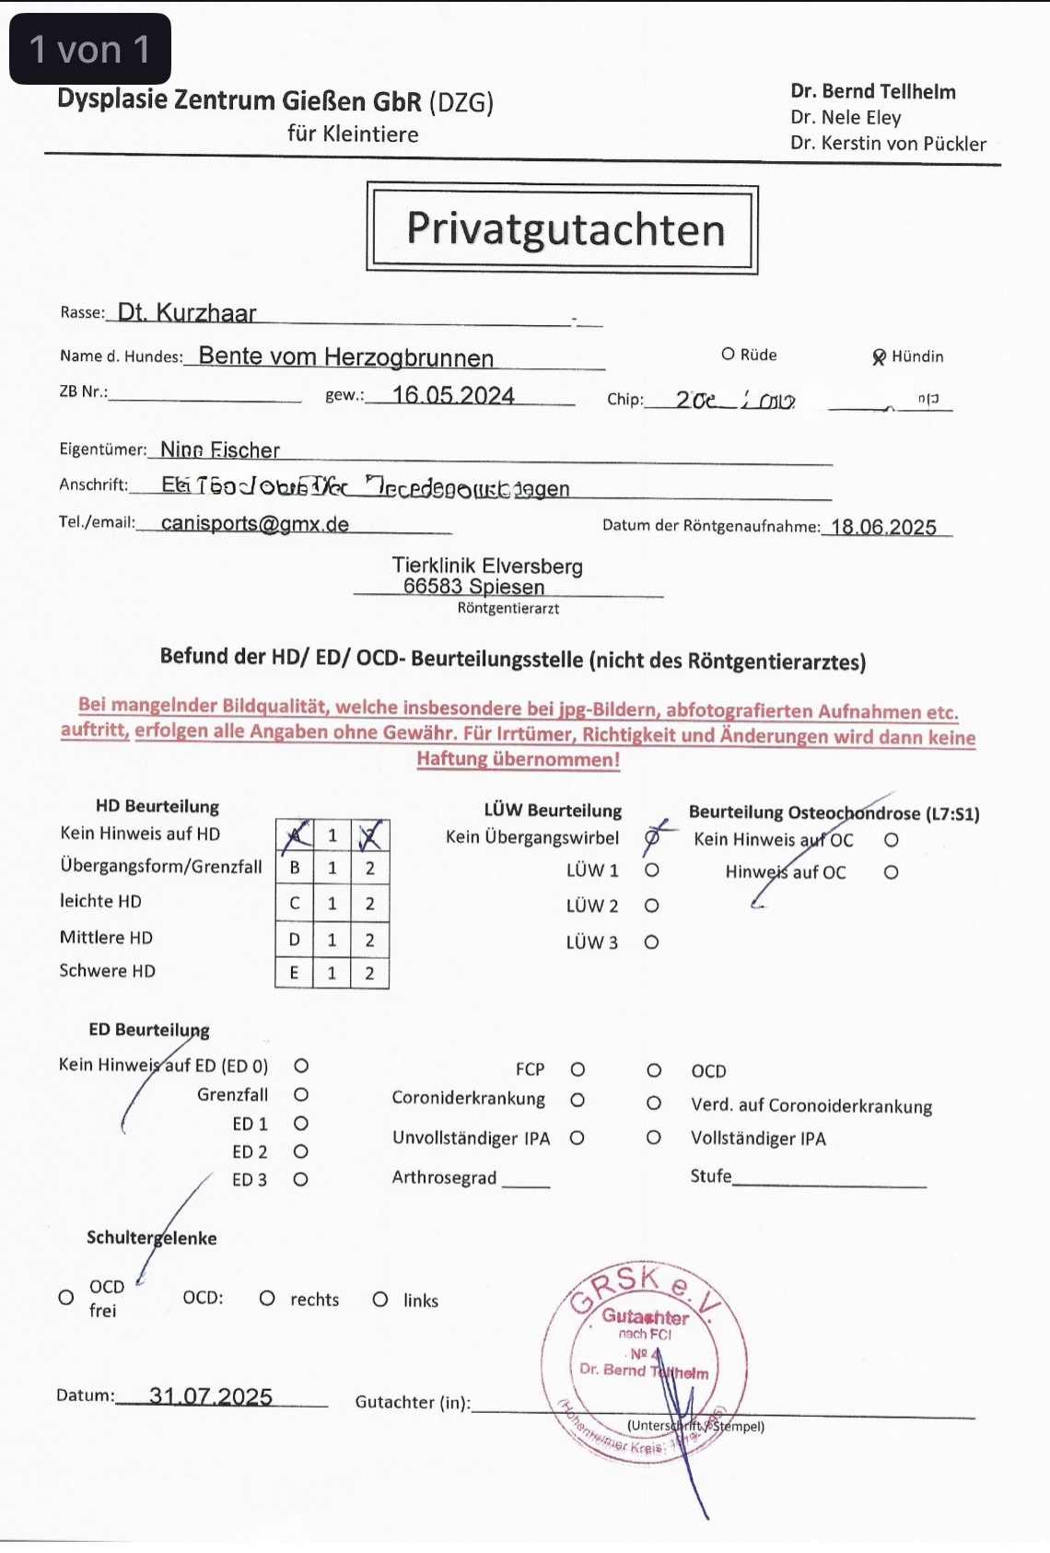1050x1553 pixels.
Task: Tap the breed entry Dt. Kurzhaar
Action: pos(187,313)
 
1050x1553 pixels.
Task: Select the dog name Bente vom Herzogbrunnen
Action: pos(346,356)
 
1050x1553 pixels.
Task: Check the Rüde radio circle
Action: pos(728,355)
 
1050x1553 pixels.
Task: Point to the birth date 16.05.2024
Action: pos(453,395)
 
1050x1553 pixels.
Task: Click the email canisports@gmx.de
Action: pos(255,523)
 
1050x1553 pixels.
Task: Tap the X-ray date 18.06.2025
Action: pos(883,527)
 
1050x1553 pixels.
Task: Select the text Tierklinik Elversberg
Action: pos(487,566)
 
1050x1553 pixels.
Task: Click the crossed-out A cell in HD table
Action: pos(295,835)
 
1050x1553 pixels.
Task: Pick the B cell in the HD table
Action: pos(295,868)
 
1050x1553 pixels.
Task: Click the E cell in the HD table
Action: pos(295,973)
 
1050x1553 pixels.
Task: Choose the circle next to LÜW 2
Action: pos(651,906)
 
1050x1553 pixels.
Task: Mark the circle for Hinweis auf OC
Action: pos(891,872)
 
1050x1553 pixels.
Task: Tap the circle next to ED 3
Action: pos(300,1179)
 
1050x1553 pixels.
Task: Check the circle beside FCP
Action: pos(577,1069)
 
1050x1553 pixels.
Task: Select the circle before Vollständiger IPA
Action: pos(653,1138)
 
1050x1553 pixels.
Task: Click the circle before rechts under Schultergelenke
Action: pos(267,1299)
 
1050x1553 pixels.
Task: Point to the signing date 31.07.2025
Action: pos(211,1396)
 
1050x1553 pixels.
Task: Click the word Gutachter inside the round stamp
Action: pos(646,1317)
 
